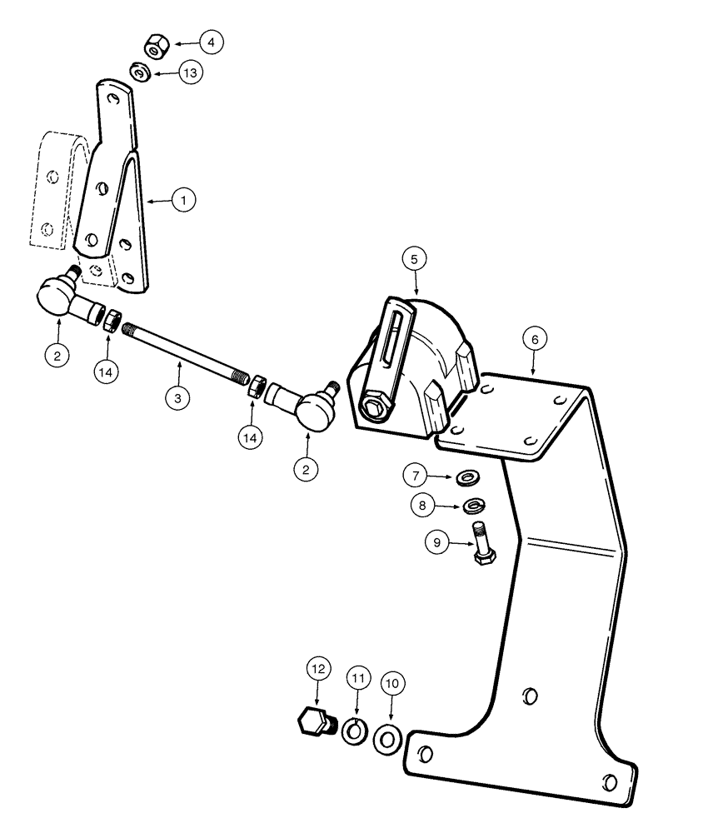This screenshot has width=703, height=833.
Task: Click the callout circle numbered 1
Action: point(183,200)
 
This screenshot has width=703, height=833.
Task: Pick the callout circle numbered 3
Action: point(177,398)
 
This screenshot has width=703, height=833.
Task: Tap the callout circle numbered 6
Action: point(536,339)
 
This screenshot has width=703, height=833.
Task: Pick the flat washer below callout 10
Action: point(386,737)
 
